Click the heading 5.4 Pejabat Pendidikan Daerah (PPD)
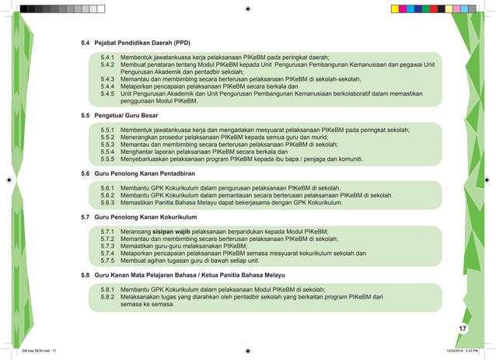point(136,42)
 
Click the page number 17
point(462,330)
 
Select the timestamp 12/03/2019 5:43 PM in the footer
point(464,351)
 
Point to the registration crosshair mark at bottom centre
point(247,349)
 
